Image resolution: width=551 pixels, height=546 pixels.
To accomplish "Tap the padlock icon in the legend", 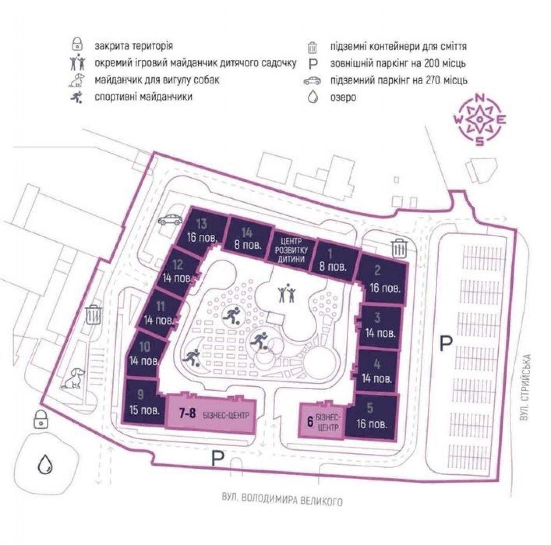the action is pyautogui.click(x=77, y=46).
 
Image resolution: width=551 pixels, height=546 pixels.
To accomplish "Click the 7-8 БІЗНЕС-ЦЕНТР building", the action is pyautogui.click(x=211, y=414).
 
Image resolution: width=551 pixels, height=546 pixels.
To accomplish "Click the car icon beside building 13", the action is pyautogui.click(x=170, y=220).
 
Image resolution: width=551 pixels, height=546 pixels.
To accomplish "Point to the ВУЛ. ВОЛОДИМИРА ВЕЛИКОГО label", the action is pyautogui.click(x=282, y=500).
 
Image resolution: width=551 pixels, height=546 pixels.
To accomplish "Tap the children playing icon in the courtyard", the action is pyautogui.click(x=287, y=293).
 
